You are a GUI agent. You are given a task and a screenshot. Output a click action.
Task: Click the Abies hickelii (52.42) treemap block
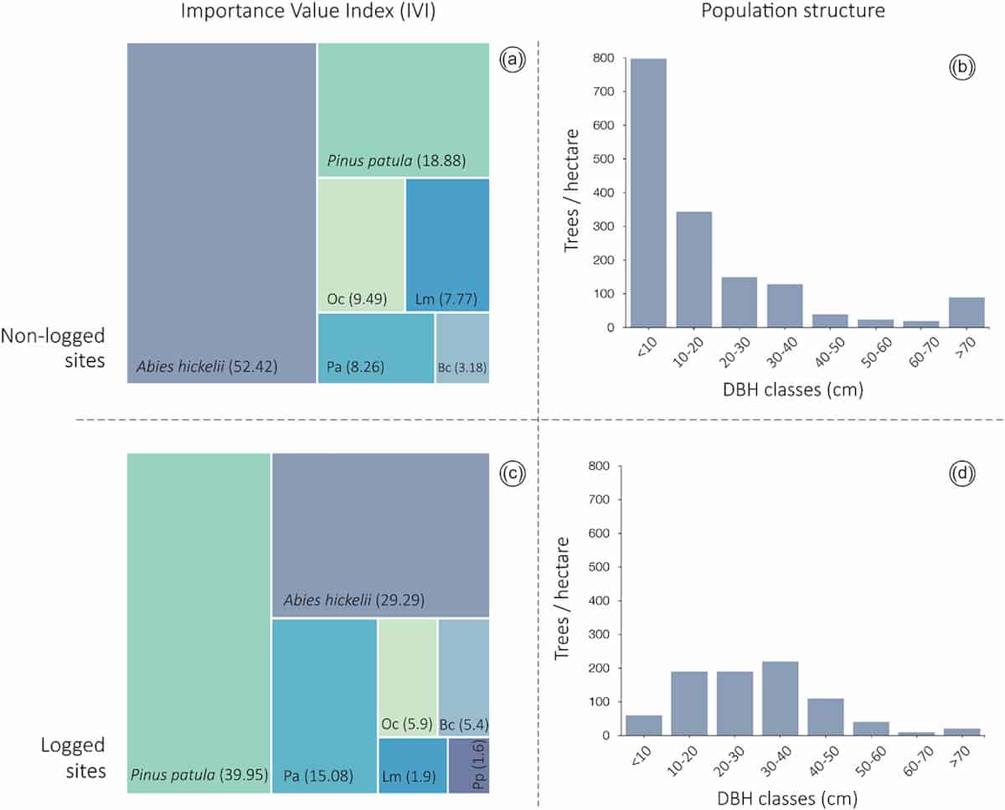(222, 213)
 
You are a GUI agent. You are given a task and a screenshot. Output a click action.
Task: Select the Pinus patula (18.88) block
(404, 110)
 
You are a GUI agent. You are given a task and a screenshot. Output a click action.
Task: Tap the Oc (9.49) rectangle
(361, 245)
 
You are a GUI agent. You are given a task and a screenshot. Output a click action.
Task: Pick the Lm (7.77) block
(447, 245)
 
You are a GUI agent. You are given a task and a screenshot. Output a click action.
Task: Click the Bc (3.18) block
(462, 348)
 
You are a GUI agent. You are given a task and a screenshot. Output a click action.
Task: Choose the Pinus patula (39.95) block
(198, 622)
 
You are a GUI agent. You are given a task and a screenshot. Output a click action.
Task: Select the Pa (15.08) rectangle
(324, 705)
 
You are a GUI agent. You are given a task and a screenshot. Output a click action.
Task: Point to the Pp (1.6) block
(469, 765)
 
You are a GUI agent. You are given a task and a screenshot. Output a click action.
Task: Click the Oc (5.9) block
(407, 677)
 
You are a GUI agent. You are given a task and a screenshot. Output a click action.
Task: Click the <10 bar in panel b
(648, 193)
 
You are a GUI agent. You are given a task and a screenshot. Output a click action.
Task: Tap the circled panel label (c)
(511, 473)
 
